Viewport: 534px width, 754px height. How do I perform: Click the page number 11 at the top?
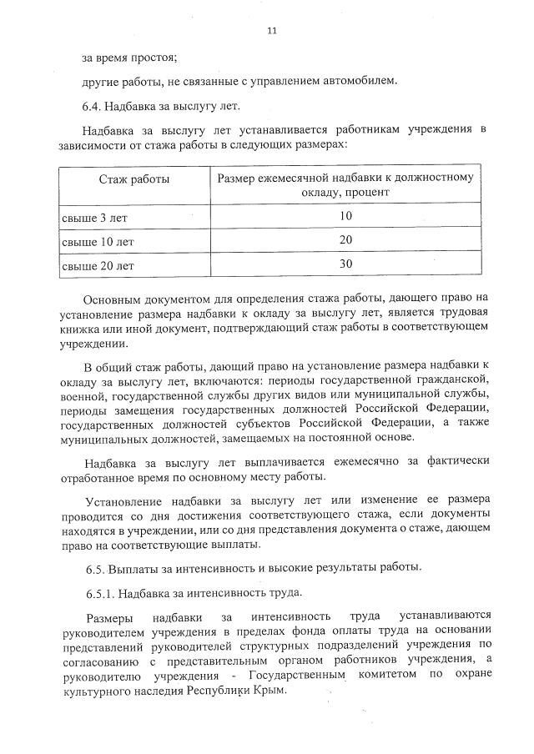tap(271, 31)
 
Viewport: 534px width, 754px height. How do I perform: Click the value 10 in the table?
tap(345, 215)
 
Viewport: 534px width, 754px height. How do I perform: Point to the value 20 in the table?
tap(345, 239)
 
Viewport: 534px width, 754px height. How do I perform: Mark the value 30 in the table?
tap(345, 264)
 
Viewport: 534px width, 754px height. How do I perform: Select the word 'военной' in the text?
tap(80, 395)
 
